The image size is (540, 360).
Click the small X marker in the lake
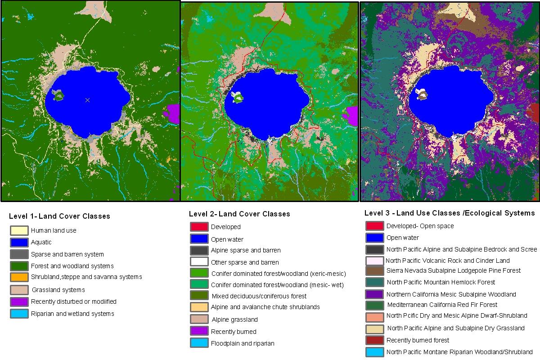point(87,100)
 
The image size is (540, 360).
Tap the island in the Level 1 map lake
point(58,95)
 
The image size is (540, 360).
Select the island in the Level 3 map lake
point(422,94)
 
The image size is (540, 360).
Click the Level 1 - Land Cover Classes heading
point(59,216)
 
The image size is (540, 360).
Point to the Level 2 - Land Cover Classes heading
point(239,214)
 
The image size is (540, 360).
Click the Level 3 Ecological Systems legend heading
point(450,213)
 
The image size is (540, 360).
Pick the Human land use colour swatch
point(19,230)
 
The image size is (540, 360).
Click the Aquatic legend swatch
point(19,243)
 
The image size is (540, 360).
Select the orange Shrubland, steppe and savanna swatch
point(19,277)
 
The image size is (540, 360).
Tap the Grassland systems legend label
point(58,290)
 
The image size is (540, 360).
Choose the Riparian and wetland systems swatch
point(19,314)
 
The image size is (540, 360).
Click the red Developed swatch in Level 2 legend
point(199,227)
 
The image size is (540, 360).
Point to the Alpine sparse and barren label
point(246,250)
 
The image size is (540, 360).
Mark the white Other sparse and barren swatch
point(199,262)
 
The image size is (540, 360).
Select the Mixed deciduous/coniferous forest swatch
point(199,296)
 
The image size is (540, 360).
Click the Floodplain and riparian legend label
point(243,343)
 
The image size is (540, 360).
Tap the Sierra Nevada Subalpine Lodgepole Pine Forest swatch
point(374,271)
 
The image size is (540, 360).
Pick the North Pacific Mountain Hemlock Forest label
point(441,282)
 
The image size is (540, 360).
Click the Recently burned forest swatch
point(374,340)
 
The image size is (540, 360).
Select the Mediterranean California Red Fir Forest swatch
point(374,305)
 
